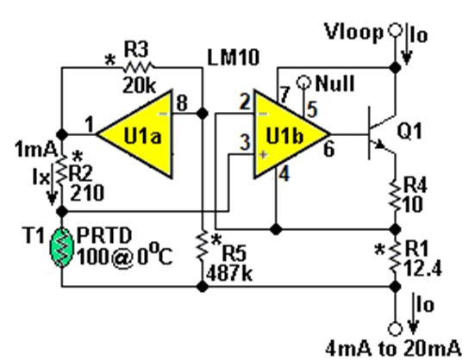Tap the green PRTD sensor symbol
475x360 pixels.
[x=62, y=247]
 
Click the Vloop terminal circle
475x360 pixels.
[x=395, y=30]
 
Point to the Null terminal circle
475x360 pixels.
[x=303, y=82]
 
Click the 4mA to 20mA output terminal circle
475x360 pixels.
[x=395, y=329]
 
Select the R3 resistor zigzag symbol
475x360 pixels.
[x=138, y=67]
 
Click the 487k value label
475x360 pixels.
[x=229, y=275]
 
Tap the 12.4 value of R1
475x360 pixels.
[x=423, y=269]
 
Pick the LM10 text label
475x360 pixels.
[x=234, y=57]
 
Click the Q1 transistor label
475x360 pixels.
[x=409, y=131]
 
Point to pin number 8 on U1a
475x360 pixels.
[x=182, y=102]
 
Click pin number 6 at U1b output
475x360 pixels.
[x=329, y=149]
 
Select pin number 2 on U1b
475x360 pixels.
[x=246, y=102]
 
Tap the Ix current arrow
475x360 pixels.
[x=52, y=186]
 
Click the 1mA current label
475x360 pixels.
[x=36, y=150]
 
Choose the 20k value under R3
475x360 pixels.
[x=140, y=86]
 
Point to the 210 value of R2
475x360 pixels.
[x=87, y=193]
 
